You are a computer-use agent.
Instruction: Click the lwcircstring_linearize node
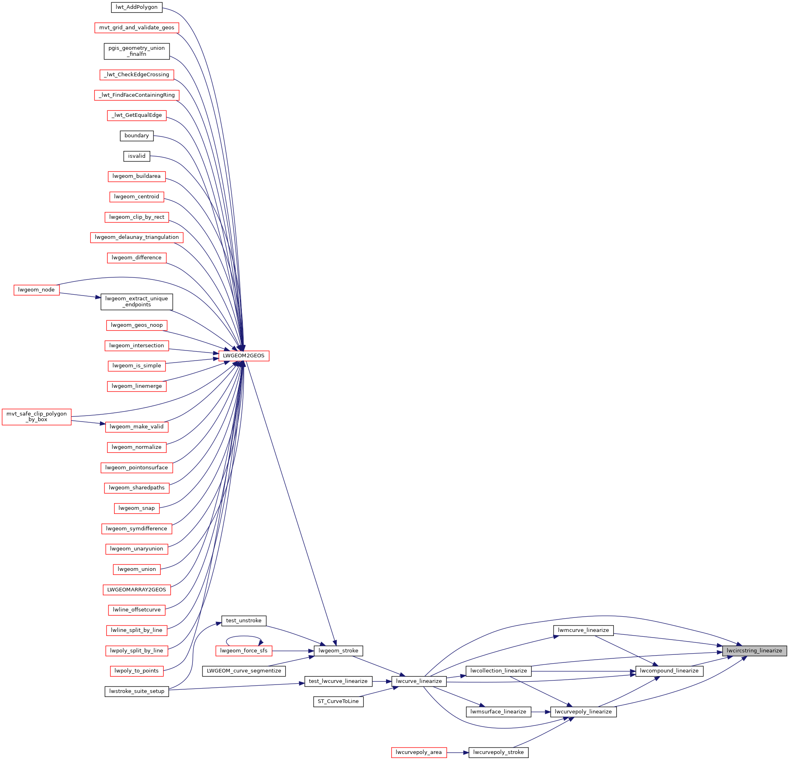tap(754, 650)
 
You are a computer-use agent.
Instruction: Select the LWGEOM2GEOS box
tap(243, 356)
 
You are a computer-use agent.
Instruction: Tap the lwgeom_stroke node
tap(338, 650)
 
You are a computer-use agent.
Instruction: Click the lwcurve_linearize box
tap(419, 681)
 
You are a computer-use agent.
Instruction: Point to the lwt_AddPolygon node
tap(137, 7)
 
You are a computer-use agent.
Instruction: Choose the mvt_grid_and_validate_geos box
tap(137, 28)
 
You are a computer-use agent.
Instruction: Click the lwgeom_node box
tap(36, 290)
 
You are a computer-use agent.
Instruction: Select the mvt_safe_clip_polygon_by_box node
tap(37, 417)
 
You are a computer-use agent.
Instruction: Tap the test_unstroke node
tap(243, 620)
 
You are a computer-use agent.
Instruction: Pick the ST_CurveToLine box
tap(338, 701)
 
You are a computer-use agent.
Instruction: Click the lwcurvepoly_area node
tap(419, 752)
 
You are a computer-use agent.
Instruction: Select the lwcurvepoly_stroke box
tap(499, 752)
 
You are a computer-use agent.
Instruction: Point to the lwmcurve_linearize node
tap(583, 630)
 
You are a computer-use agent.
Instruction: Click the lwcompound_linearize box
tap(669, 671)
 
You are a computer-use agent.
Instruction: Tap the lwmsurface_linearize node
tap(499, 712)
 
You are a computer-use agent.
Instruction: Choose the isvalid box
tap(137, 156)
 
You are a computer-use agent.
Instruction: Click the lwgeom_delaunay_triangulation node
tap(137, 237)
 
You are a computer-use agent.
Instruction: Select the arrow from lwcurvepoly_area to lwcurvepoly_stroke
tap(458, 752)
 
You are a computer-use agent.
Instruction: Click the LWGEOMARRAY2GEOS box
tap(137, 590)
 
